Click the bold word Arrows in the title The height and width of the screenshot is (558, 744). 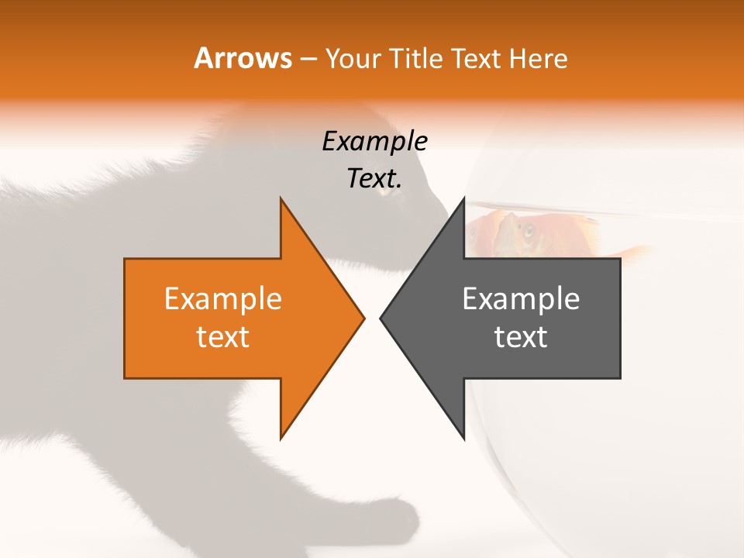click(243, 58)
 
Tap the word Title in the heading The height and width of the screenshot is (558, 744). click(418, 59)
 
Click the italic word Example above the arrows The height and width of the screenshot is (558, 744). click(374, 142)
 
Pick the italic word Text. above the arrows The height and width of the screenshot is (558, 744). click(374, 179)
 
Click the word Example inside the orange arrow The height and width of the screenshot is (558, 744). click(223, 298)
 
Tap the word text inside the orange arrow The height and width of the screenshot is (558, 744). click(223, 336)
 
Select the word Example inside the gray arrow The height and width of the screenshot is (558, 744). click(521, 298)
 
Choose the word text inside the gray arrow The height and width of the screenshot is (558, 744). click(521, 336)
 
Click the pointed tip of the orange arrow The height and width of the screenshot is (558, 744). click(363, 318)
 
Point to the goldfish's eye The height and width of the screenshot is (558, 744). click(528, 230)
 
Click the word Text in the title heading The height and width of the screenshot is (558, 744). click(477, 59)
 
